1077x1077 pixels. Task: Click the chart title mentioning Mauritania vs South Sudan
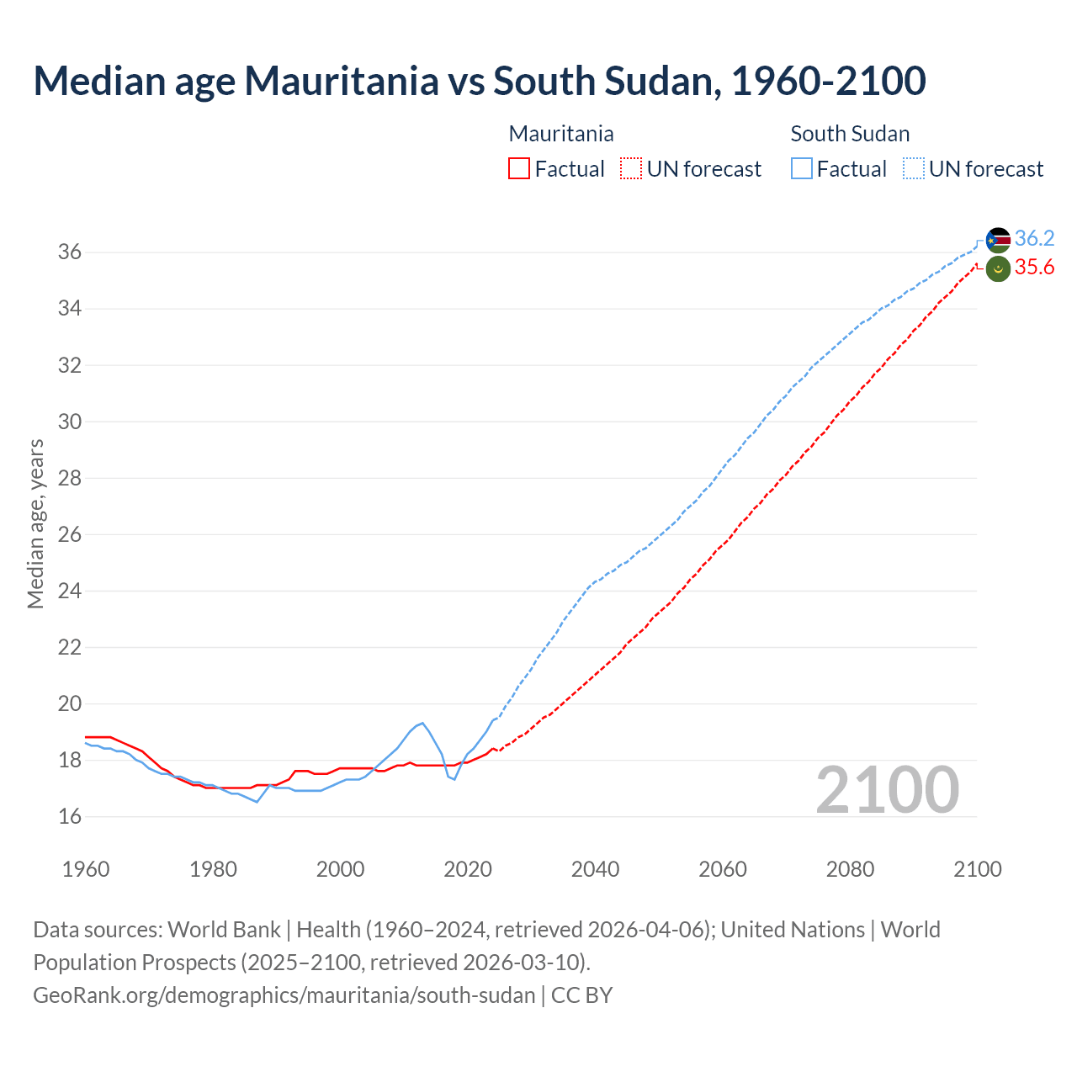click(480, 81)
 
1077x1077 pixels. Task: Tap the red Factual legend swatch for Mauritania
click(519, 169)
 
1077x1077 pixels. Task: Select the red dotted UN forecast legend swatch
click(631, 169)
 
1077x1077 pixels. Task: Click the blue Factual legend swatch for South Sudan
click(802, 169)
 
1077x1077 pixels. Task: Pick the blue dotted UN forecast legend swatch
click(914, 169)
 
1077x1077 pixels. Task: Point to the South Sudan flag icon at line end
click(998, 240)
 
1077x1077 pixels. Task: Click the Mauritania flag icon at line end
click(998, 269)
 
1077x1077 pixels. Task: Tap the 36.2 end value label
click(1034, 239)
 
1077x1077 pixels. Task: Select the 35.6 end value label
click(1034, 268)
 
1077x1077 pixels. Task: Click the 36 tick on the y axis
click(70, 252)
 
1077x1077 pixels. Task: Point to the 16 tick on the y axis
click(70, 816)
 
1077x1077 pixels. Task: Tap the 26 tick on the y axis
click(70, 534)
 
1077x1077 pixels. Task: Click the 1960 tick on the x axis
click(86, 869)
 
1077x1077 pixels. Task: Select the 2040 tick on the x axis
click(595, 869)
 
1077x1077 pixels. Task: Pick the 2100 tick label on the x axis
click(977, 869)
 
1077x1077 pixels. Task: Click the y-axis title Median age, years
click(35, 523)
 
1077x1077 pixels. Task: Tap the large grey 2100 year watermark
click(887, 789)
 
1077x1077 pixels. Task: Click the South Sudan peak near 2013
click(422, 723)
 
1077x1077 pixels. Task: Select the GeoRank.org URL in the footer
click(284, 995)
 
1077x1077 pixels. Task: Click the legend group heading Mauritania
click(561, 134)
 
